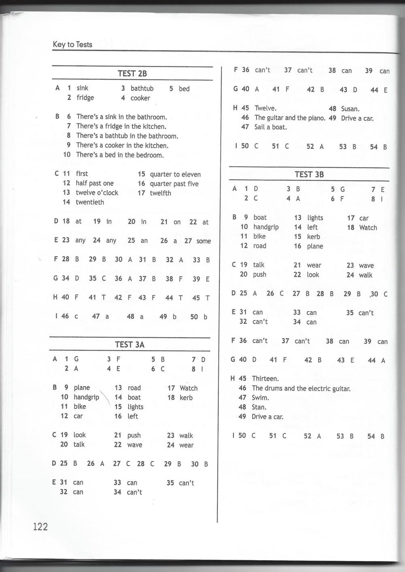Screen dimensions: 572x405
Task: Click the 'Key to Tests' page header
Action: [x=72, y=45]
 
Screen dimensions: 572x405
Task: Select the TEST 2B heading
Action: [x=132, y=73]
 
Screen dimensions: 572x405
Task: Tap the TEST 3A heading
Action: [x=130, y=344]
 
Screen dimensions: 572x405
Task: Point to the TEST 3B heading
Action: [x=309, y=174]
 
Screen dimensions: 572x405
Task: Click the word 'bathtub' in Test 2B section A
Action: [x=142, y=88]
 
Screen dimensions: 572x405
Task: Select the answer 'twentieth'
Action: [x=90, y=202]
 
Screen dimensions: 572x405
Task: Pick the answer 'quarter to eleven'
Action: [x=175, y=174]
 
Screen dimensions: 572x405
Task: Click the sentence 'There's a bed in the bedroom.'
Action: [x=120, y=155]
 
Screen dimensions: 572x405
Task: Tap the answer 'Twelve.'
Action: [x=265, y=108]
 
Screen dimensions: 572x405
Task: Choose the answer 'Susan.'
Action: [x=350, y=108]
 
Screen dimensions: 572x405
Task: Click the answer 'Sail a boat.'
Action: [x=271, y=127]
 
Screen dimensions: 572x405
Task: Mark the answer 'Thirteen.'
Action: [x=265, y=378]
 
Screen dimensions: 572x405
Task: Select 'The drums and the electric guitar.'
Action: [x=301, y=388]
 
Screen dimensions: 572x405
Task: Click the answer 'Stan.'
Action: [x=259, y=407]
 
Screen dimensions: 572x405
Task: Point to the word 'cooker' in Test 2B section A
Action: [x=140, y=98]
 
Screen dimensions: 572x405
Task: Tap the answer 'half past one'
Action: [x=95, y=183]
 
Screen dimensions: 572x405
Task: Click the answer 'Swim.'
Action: [x=260, y=398]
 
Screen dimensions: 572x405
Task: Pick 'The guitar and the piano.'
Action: [x=290, y=118]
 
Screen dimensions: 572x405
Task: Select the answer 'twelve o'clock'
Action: [x=97, y=193]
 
